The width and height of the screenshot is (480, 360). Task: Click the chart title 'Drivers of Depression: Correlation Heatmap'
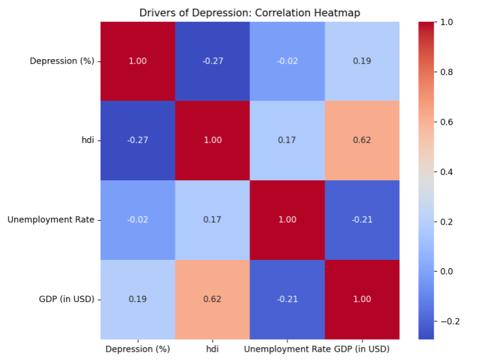pos(250,13)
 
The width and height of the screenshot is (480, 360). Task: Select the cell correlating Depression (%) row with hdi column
pos(212,61)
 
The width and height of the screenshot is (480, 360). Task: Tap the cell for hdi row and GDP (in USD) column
pos(362,140)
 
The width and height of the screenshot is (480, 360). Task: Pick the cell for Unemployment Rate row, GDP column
pos(362,220)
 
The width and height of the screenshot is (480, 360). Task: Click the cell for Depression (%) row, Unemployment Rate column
pos(287,61)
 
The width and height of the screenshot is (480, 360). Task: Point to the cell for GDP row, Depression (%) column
pos(138,299)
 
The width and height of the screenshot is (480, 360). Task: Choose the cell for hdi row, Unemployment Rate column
pos(287,140)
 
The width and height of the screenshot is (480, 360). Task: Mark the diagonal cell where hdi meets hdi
pos(212,140)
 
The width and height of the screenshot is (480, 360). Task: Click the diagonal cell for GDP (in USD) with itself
pos(362,299)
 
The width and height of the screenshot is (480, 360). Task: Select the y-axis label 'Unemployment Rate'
pos(51,220)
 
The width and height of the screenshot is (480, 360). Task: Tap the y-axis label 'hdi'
pos(88,140)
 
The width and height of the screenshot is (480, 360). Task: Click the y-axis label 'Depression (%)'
pos(62,61)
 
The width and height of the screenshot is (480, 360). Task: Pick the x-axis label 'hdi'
pos(212,349)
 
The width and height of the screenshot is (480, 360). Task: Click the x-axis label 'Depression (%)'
pos(138,349)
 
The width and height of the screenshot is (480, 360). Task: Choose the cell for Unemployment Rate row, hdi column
pos(212,220)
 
